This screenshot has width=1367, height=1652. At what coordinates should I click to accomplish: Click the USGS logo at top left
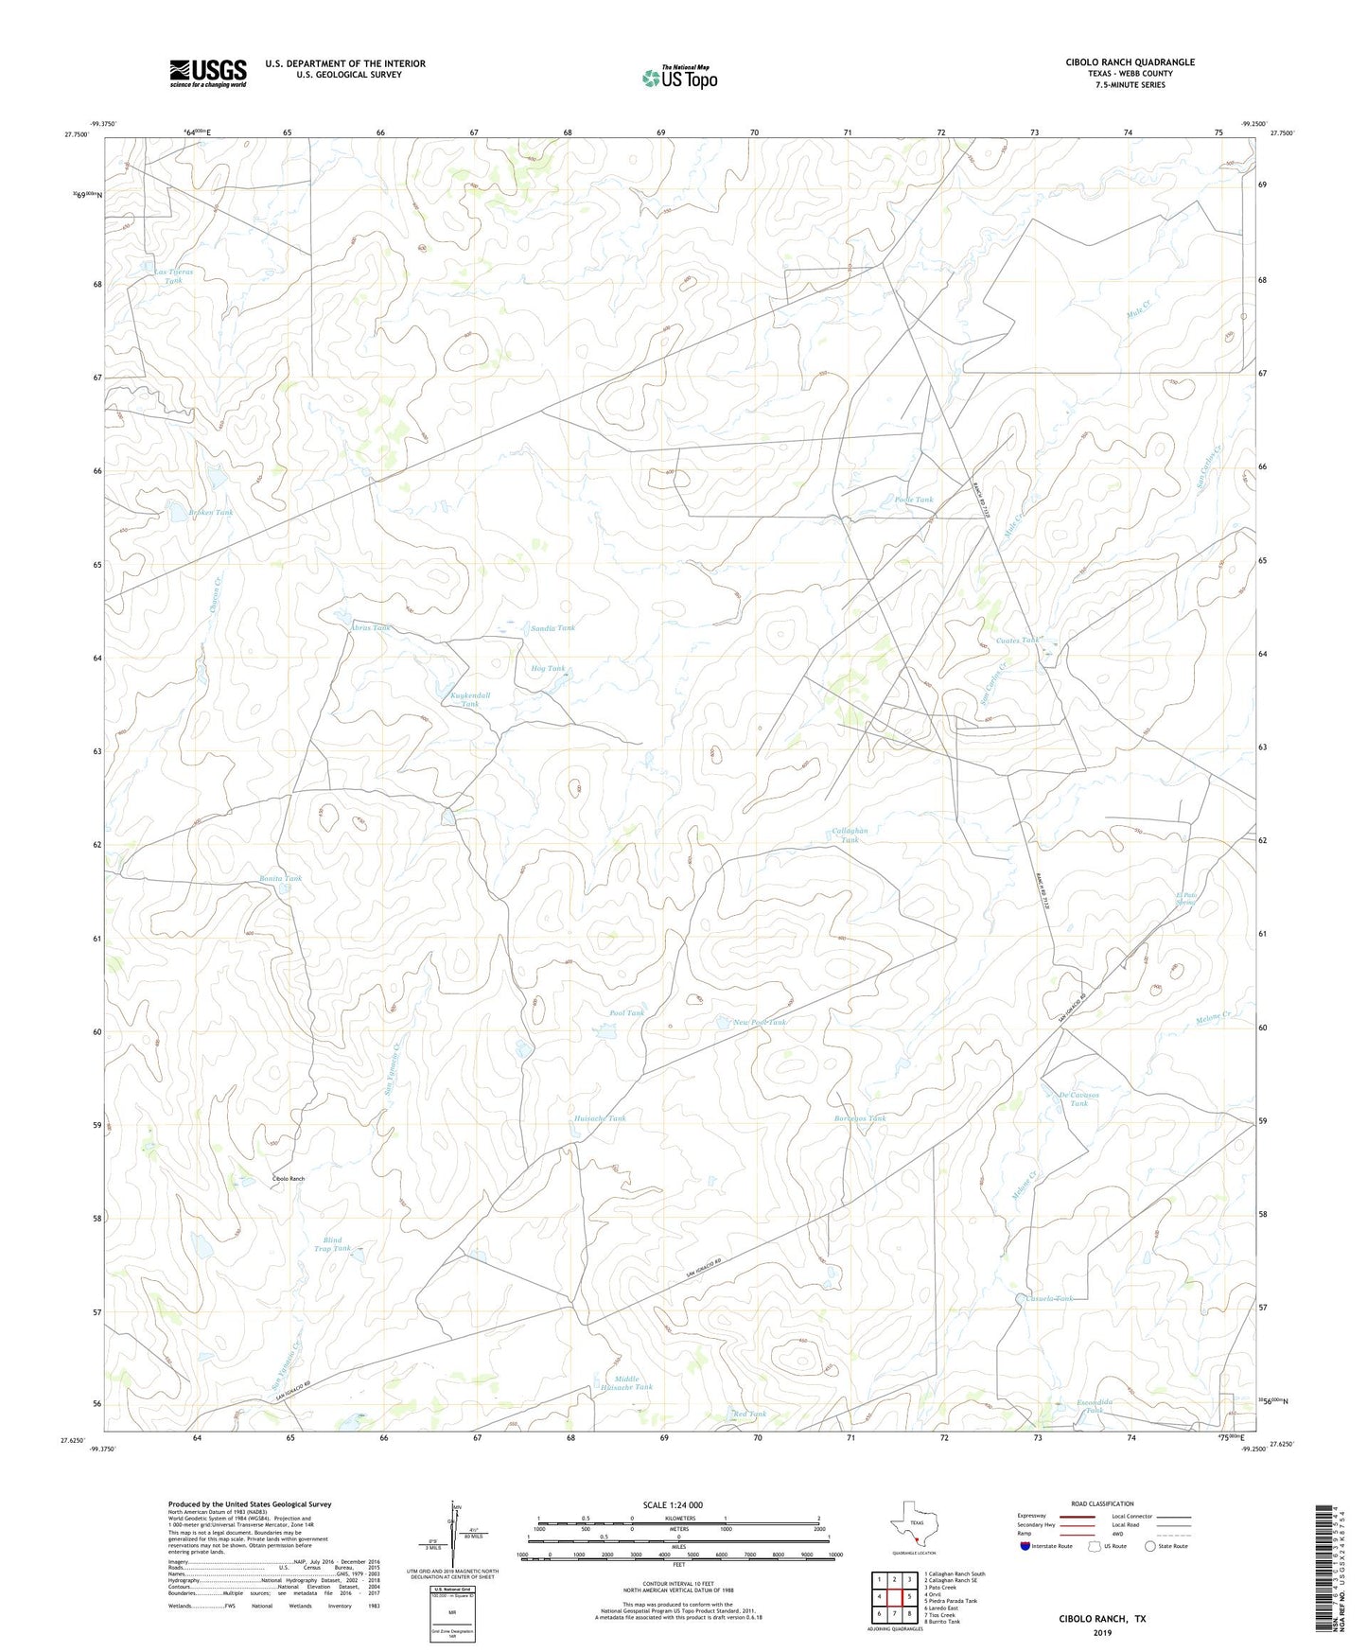click(x=208, y=72)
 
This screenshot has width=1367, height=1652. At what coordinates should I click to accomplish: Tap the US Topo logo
click(x=679, y=78)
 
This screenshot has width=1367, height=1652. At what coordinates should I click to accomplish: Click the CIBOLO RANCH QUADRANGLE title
click(x=1130, y=62)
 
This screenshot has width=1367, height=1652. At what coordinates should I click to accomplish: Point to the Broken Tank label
click(x=210, y=513)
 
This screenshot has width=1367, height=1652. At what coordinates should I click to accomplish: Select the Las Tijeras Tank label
click(x=173, y=275)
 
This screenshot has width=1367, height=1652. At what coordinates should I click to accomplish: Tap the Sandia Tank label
click(x=552, y=628)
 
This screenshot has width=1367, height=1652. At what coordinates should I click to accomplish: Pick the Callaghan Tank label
click(x=850, y=835)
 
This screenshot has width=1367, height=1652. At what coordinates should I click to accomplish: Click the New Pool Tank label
click(x=760, y=1022)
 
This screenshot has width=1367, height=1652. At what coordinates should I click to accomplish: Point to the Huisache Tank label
click(x=600, y=1118)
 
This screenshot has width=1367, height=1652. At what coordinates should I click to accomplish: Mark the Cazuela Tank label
click(x=1049, y=1299)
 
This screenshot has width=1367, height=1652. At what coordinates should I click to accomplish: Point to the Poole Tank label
click(x=913, y=500)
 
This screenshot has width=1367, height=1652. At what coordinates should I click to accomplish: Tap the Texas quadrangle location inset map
click(x=913, y=1523)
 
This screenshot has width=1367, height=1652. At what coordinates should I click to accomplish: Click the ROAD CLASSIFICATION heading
click(x=1102, y=1503)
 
